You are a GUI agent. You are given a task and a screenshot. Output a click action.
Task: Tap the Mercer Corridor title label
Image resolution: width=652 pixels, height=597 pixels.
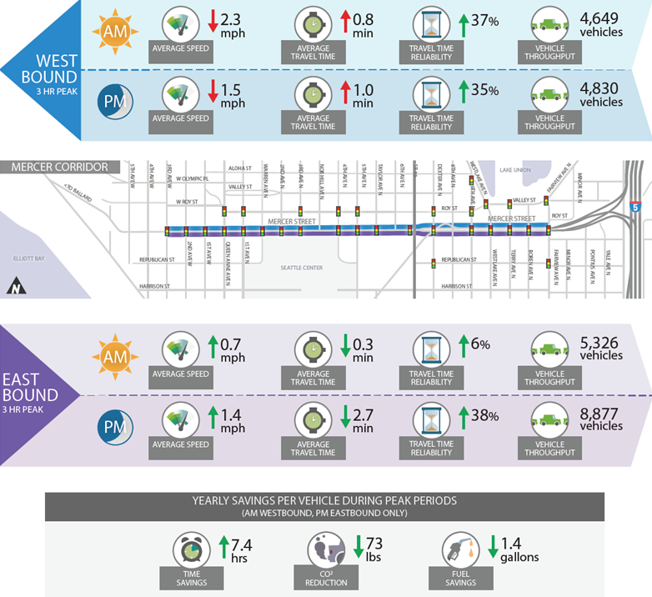click(x=60, y=167)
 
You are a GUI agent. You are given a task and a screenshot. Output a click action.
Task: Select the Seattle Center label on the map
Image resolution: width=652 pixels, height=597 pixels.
click(x=301, y=268)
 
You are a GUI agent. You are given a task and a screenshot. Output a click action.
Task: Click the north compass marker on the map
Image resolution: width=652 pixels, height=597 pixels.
click(x=14, y=288)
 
